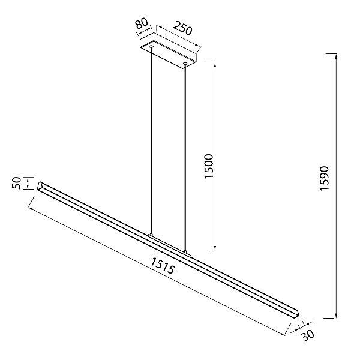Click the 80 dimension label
point(142,24)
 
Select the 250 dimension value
point(182,28)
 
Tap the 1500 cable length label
point(209,166)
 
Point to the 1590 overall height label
point(325,178)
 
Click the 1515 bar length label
point(163,265)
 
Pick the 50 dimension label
point(17,183)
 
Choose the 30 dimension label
point(307,335)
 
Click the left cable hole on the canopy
point(151,47)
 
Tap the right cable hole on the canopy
point(185,63)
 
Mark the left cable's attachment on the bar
point(151,235)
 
